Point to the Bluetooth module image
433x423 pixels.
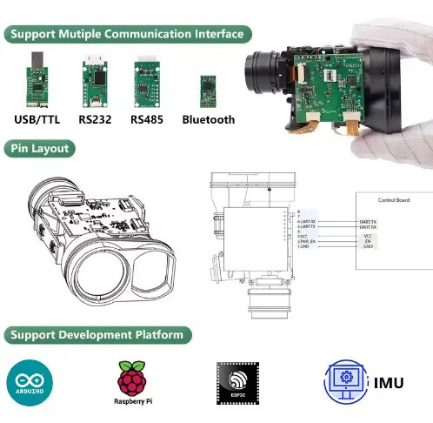point(208,88)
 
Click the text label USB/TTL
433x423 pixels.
point(38,120)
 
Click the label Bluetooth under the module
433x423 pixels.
point(208,120)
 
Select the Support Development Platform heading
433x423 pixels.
point(97,334)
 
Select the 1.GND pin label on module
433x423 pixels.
point(305,247)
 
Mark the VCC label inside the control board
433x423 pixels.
point(367,236)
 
